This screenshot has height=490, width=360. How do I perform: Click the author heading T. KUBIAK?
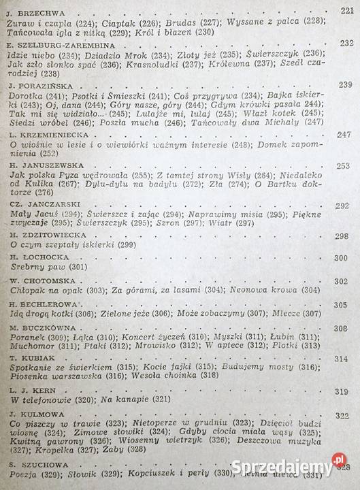click(33, 357)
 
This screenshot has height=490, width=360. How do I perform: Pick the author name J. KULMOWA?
click(35, 416)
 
